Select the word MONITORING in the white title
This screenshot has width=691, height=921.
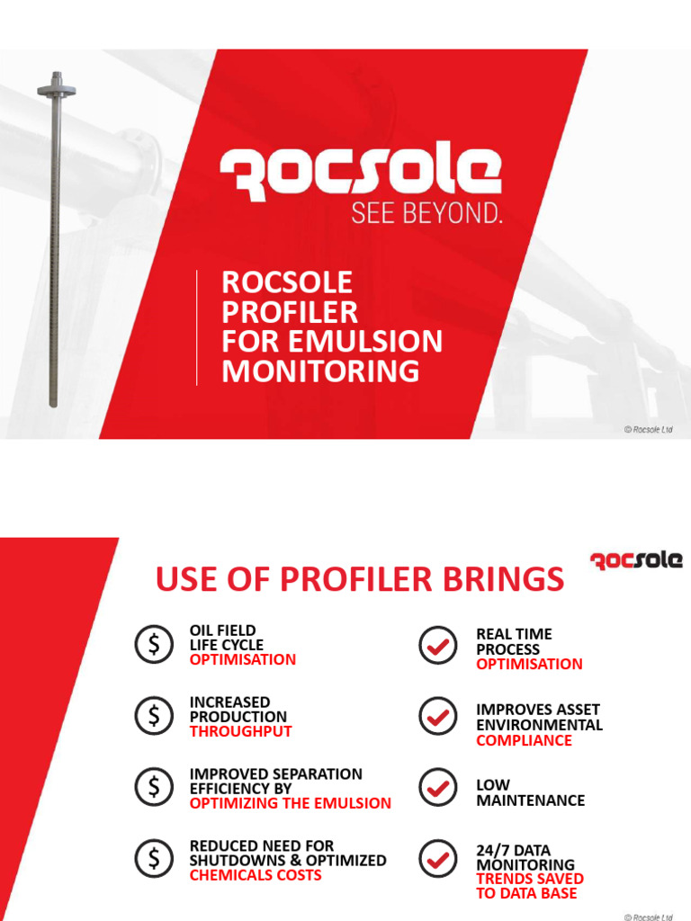(320, 371)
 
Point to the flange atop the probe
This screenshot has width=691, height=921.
(56, 88)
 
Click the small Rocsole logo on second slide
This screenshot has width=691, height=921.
(636, 560)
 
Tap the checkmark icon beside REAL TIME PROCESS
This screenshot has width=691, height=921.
(438, 645)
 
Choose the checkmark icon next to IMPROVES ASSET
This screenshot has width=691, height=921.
(438, 717)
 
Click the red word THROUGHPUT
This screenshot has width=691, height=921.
(240, 731)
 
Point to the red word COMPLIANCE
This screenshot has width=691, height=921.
(524, 740)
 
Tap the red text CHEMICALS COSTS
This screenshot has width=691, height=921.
(255, 875)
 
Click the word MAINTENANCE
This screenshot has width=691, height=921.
(530, 800)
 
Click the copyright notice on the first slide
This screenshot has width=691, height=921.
(648, 430)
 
